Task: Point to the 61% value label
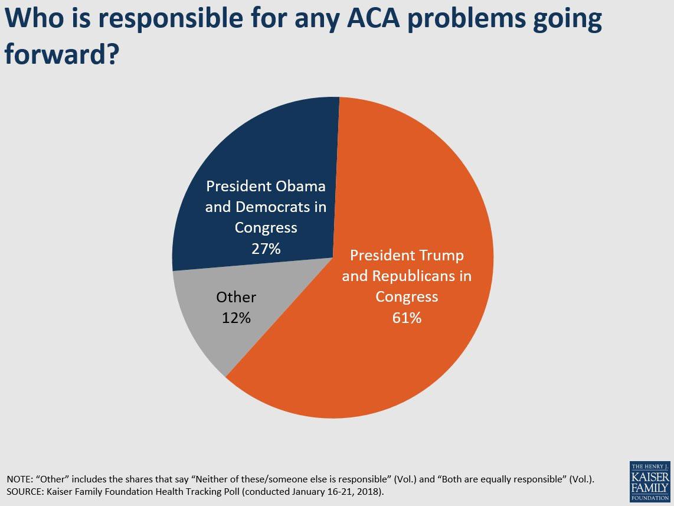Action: tap(407, 318)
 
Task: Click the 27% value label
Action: tap(266, 249)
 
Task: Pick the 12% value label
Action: tap(236, 318)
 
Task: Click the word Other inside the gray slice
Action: tap(236, 297)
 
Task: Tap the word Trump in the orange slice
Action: tap(441, 256)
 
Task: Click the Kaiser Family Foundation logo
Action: tap(649, 481)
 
